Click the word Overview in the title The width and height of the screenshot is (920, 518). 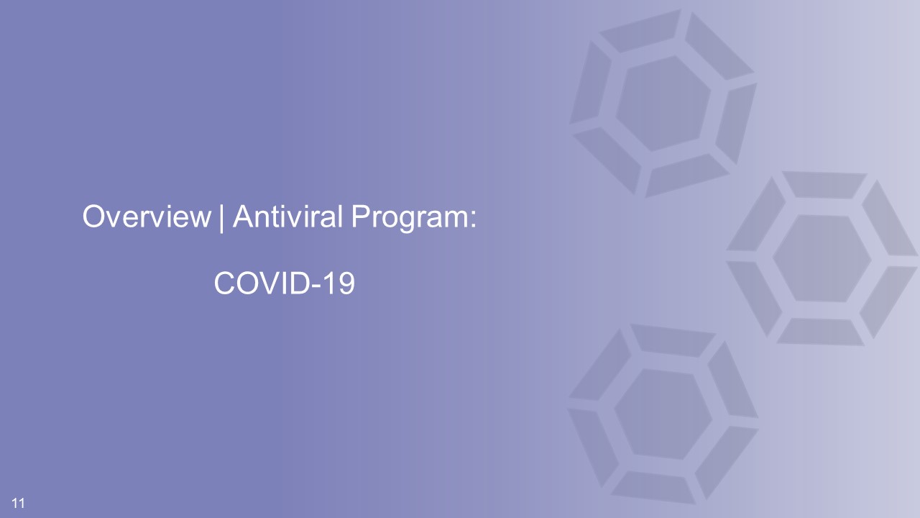tap(146, 217)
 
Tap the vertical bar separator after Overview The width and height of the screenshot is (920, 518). tap(222, 218)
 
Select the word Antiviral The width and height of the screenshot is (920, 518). tap(287, 217)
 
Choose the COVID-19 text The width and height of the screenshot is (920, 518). tap(284, 283)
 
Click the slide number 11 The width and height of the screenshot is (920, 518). tap(18, 503)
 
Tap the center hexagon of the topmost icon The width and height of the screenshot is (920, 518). tap(663, 104)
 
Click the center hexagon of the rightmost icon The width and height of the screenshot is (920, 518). tap(822, 258)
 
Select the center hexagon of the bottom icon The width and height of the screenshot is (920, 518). tap(663, 414)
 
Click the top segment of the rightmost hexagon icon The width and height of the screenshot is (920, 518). tap(824, 185)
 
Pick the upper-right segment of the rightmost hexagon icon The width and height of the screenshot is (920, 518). tap(889, 218)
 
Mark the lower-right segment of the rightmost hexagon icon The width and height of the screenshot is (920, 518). tap(888, 302)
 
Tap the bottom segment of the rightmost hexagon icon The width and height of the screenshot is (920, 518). tap(820, 332)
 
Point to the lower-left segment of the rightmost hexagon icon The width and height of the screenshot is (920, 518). tap(754, 299)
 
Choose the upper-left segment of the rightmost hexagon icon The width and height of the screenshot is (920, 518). tap(756, 214)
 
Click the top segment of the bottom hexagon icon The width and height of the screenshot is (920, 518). tap(673, 340)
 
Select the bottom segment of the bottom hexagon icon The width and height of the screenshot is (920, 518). tap(653, 488)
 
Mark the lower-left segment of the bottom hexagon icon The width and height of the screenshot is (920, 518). tap(593, 448)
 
